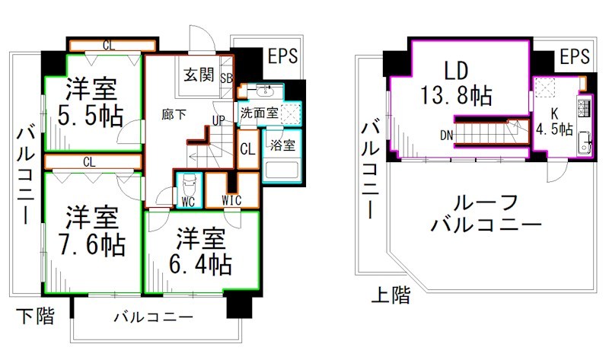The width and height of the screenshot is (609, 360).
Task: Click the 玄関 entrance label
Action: (x=200, y=75)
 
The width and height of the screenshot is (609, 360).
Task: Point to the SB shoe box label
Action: (x=227, y=77)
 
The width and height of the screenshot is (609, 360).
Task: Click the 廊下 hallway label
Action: (x=174, y=114)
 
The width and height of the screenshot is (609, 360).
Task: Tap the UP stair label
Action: (x=218, y=121)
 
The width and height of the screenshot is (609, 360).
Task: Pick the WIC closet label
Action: (x=232, y=200)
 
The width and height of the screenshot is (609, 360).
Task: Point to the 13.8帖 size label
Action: (x=456, y=96)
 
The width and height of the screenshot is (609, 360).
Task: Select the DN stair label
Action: (x=448, y=136)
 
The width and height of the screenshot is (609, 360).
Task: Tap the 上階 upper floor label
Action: (x=391, y=295)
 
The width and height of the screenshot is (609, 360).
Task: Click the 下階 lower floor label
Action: (x=36, y=316)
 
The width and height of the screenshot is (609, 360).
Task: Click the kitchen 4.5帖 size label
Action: (x=555, y=129)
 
